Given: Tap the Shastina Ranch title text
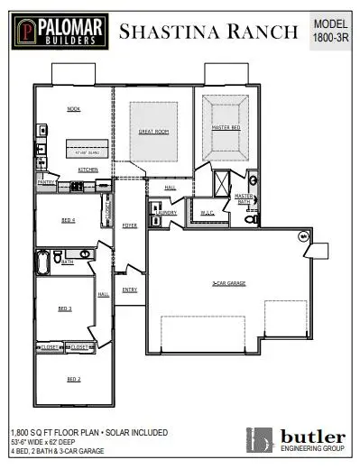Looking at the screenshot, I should [x=208, y=32].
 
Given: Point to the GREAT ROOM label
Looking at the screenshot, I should [x=153, y=132].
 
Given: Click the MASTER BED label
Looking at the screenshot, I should [x=225, y=129].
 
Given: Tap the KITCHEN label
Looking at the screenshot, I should [x=88, y=170].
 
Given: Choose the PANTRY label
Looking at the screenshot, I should [x=46, y=181].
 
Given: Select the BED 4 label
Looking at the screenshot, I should [x=69, y=220].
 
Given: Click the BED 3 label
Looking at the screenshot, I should [x=65, y=308].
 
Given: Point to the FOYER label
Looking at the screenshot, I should [x=129, y=225].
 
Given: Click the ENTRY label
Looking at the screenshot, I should [x=130, y=290].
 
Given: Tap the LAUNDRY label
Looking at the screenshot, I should [x=166, y=212].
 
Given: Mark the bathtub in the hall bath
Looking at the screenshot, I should [x=42, y=262].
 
